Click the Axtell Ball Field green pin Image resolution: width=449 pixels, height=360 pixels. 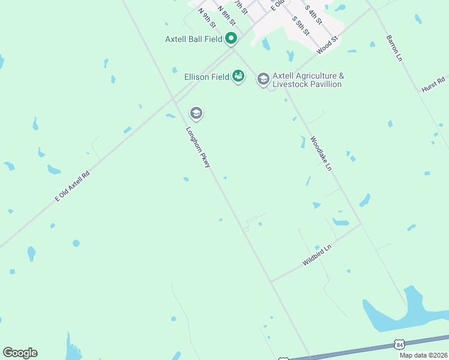pyautogui.click(x=231, y=40)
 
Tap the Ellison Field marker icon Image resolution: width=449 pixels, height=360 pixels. pyautogui.click(x=238, y=76)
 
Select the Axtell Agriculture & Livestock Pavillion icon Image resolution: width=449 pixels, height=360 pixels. pyautogui.click(x=263, y=79)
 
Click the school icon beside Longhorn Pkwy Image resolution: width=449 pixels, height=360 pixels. pyautogui.click(x=196, y=113)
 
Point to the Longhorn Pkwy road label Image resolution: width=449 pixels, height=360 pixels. pyautogui.click(x=198, y=146)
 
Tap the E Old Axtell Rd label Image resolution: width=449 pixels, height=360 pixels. pyautogui.click(x=72, y=185)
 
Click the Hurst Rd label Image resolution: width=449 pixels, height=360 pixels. pyautogui.click(x=433, y=84)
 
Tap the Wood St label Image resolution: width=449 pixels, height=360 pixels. pyautogui.click(x=328, y=44)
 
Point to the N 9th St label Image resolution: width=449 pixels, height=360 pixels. pyautogui.click(x=206, y=17)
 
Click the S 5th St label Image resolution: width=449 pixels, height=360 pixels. pyautogui.click(x=301, y=25)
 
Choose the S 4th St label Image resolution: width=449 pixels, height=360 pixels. pyautogui.click(x=314, y=14)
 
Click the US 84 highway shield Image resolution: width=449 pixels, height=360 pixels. pyautogui.click(x=399, y=344)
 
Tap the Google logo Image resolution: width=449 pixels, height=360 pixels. pyautogui.click(x=20, y=353)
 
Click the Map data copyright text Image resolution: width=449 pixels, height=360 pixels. pyautogui.click(x=424, y=355)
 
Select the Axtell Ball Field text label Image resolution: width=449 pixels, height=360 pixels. pyautogui.click(x=193, y=40)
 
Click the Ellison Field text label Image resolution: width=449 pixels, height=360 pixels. pyautogui.click(x=206, y=77)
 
